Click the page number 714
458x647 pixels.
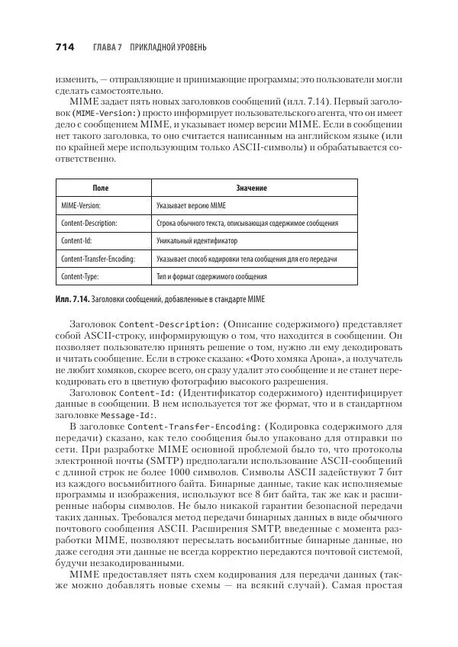tap(64, 47)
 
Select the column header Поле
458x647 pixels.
tap(101, 187)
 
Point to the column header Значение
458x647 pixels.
tap(252, 187)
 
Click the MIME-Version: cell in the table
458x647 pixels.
tap(80, 205)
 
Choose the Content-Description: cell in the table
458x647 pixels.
tap(89, 223)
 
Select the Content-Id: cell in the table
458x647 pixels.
tap(76, 240)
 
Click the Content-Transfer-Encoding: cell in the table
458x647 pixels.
tap(97, 259)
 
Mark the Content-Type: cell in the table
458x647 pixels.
tap(79, 276)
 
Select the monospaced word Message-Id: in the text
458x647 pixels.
tap(127, 415)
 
